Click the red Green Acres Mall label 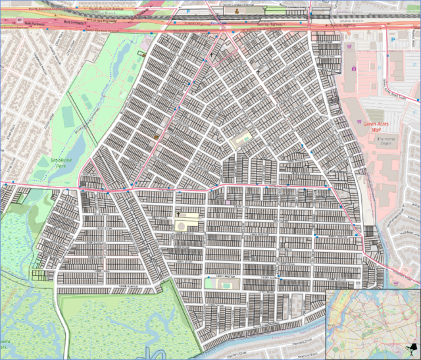click(x=372, y=126)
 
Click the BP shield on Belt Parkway click(x=19, y=20)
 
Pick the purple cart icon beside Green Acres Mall click(x=354, y=68)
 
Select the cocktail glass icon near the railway click(x=265, y=9)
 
